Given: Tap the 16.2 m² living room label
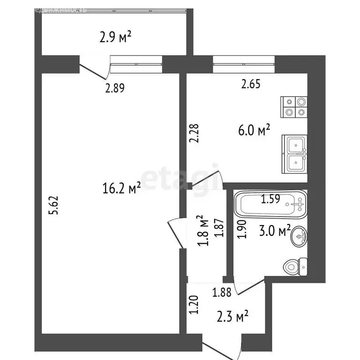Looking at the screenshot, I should click(x=122, y=188).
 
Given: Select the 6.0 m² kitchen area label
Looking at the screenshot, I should click(x=255, y=131).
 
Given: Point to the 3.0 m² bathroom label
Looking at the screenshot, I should click(x=275, y=231).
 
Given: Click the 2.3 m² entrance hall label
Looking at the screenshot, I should click(x=232, y=317).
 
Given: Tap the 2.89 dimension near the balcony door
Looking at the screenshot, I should click(x=115, y=88).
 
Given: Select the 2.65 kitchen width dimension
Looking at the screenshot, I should click(x=251, y=84).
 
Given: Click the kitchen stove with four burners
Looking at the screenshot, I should click(x=294, y=106).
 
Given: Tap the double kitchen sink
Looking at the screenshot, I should click(x=295, y=154).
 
